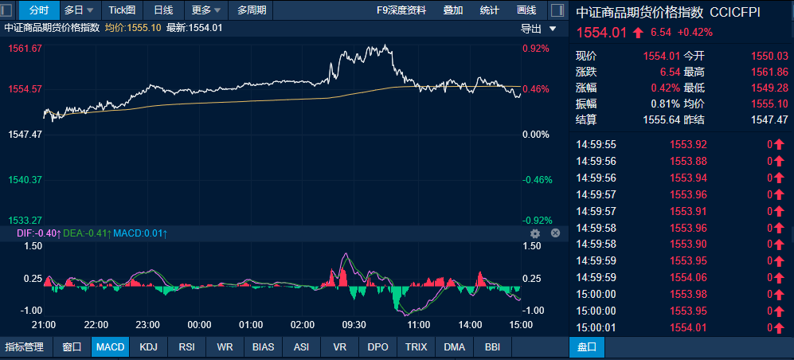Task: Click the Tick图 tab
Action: click(x=122, y=10)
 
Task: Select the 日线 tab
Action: click(x=163, y=10)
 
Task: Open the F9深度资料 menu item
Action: click(x=401, y=10)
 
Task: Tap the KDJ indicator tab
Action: click(x=149, y=346)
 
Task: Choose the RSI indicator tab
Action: click(x=187, y=346)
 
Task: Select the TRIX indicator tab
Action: click(x=417, y=346)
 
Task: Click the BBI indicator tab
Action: click(x=492, y=346)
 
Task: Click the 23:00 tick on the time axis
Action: click(x=148, y=324)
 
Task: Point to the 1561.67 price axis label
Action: click(x=25, y=48)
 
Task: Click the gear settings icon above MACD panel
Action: click(x=535, y=233)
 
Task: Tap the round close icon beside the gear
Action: click(x=556, y=233)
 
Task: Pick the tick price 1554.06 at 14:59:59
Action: click(x=688, y=277)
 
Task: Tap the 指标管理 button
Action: click(x=25, y=346)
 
